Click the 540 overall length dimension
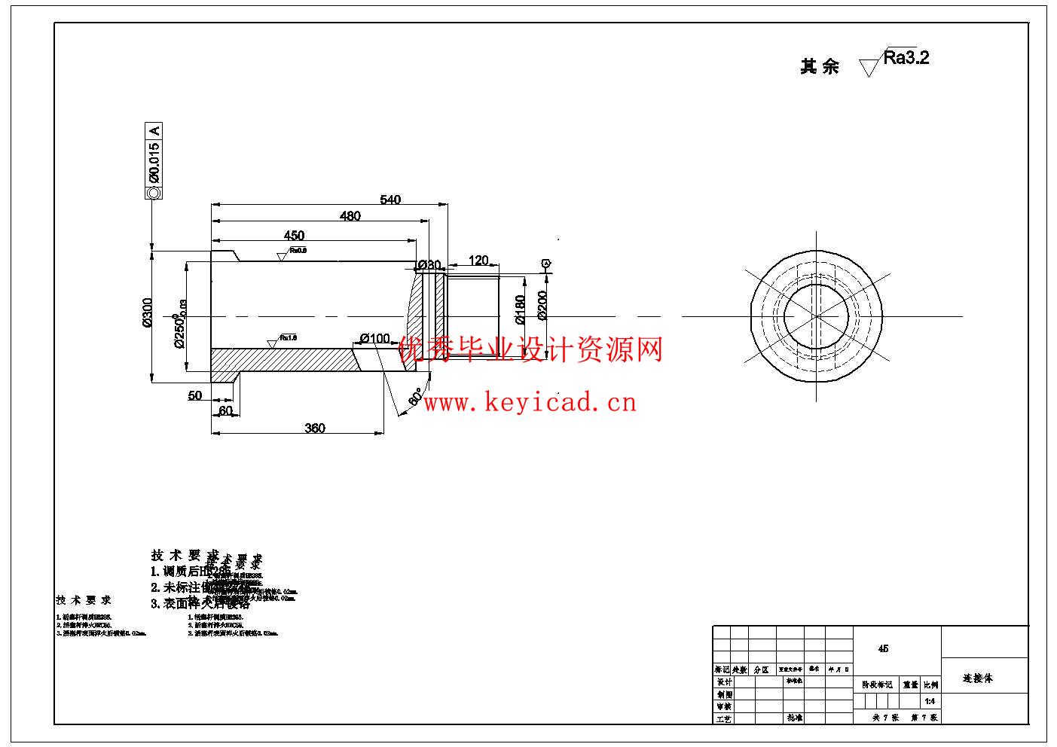point(390,200)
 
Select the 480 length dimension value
point(350,216)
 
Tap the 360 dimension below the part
point(315,428)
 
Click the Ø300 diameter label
point(148,313)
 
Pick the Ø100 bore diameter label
point(375,338)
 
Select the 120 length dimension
point(478,261)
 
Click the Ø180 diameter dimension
point(520,309)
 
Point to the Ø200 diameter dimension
point(542,305)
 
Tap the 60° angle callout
point(415,397)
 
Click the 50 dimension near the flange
point(195,395)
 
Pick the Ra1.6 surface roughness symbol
point(282,340)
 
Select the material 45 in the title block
point(883,648)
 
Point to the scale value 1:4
point(930,701)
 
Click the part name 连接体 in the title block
point(978,678)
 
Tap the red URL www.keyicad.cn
point(530,403)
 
